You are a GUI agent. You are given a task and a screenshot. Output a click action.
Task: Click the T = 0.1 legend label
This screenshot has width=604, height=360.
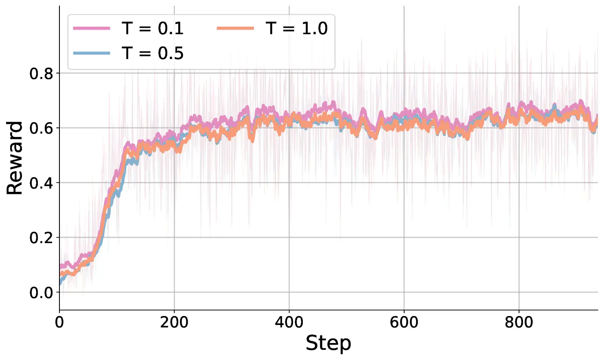[x=153, y=29]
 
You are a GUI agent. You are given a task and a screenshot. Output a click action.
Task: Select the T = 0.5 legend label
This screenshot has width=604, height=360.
[x=153, y=53]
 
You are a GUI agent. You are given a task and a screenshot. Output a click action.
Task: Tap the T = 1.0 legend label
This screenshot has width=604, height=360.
[x=297, y=29]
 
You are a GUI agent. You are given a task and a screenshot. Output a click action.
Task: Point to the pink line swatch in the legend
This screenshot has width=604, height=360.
[x=92, y=29]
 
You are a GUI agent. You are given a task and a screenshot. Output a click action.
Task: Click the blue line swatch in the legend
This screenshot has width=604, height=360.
[x=92, y=53]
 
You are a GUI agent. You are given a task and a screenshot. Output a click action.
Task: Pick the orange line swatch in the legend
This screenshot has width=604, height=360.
[x=235, y=29]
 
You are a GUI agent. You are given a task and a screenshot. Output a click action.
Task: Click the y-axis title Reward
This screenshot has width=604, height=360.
[x=15, y=158]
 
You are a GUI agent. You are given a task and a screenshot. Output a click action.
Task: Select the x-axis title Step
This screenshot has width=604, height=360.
[x=328, y=343]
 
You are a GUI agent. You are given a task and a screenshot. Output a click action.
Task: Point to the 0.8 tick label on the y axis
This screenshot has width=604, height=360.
[x=41, y=74]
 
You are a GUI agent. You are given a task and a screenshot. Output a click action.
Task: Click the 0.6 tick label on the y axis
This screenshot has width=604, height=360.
[x=41, y=128]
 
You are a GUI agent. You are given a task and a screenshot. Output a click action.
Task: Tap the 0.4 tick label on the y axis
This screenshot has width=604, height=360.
[x=41, y=183]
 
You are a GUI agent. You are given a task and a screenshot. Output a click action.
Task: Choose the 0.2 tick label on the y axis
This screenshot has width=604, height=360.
[x=41, y=238]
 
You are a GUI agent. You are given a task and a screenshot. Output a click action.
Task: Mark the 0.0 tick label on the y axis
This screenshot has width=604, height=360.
[x=41, y=293]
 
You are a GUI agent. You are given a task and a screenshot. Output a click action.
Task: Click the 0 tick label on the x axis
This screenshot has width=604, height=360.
[x=59, y=323]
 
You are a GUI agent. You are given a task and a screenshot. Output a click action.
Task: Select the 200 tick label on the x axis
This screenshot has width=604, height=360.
[x=174, y=323]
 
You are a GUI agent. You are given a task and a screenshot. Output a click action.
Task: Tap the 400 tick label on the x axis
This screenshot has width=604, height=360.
[x=289, y=323]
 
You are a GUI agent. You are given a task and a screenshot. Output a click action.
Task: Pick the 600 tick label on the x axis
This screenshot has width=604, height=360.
[x=404, y=323]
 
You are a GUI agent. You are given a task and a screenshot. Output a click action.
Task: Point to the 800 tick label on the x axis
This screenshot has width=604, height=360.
[x=519, y=323]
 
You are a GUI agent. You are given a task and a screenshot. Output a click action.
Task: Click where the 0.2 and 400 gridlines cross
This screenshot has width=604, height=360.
[x=289, y=237]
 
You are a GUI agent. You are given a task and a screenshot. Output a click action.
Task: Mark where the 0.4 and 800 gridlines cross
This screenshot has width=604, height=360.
[x=519, y=182]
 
